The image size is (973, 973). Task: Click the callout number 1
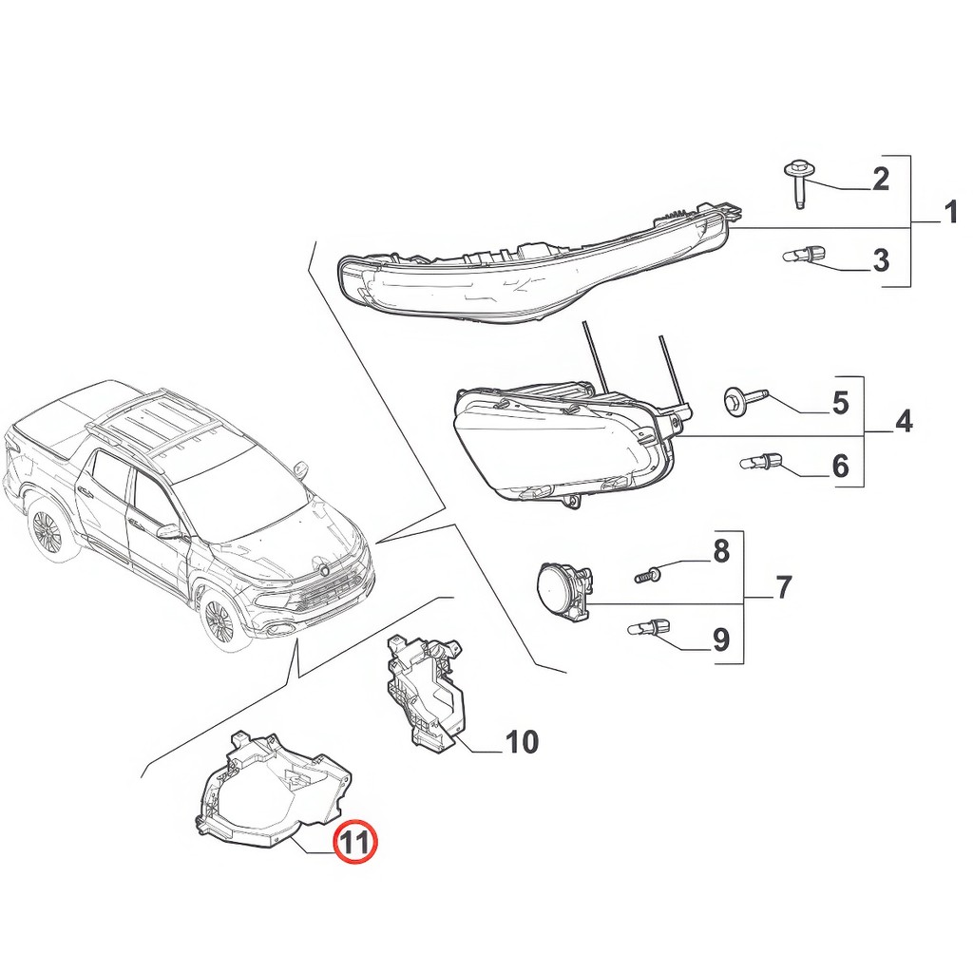pyautogui.click(x=950, y=213)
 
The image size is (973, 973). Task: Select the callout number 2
pyautogui.click(x=880, y=179)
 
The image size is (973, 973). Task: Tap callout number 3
pyautogui.click(x=880, y=259)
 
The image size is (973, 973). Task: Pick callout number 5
pyautogui.click(x=840, y=403)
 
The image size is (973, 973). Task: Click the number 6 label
pyautogui.click(x=840, y=467)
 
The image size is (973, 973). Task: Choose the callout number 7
pyautogui.click(x=783, y=587)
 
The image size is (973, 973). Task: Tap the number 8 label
pyautogui.click(x=721, y=550)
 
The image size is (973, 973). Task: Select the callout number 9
pyautogui.click(x=721, y=639)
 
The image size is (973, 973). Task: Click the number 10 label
pyautogui.click(x=522, y=742)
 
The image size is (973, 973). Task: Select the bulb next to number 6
pyautogui.click(x=761, y=463)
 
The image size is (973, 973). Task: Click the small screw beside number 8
pyautogui.click(x=647, y=575)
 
